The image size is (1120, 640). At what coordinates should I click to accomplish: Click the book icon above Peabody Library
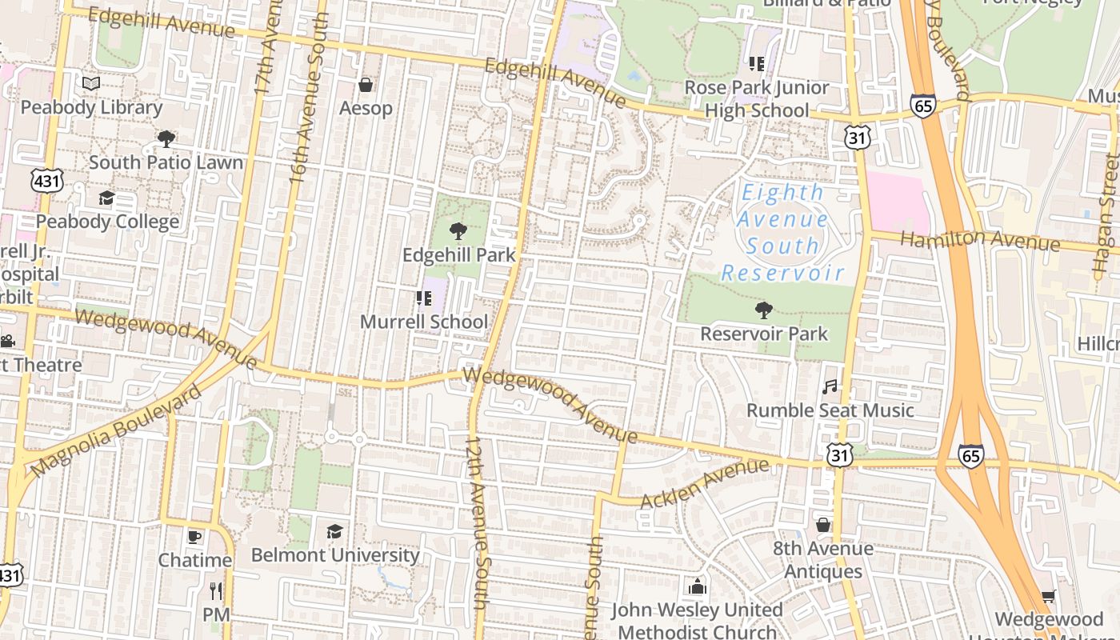(x=91, y=83)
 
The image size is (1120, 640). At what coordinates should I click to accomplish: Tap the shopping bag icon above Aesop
(x=366, y=84)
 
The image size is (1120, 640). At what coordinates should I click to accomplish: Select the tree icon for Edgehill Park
(x=458, y=231)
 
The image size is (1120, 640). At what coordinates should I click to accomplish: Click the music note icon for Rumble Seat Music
(x=830, y=387)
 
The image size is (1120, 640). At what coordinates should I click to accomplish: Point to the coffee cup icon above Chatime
(x=194, y=536)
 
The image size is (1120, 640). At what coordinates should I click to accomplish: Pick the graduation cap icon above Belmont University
(x=334, y=531)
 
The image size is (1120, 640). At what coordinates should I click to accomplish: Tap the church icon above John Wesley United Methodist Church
(x=697, y=586)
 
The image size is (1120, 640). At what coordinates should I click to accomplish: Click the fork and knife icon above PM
(x=215, y=591)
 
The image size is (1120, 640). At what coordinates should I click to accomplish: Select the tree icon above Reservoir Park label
(x=763, y=310)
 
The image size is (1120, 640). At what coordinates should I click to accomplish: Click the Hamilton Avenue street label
(x=980, y=239)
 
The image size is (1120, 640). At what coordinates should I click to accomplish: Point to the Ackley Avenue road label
(x=705, y=482)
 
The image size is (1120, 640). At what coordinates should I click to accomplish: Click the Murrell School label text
(x=423, y=322)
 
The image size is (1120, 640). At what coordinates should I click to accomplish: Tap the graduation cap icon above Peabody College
(x=106, y=198)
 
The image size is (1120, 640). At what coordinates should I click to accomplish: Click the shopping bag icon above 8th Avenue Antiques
(x=822, y=525)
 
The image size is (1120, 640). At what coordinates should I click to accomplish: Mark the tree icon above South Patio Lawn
(x=166, y=139)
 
